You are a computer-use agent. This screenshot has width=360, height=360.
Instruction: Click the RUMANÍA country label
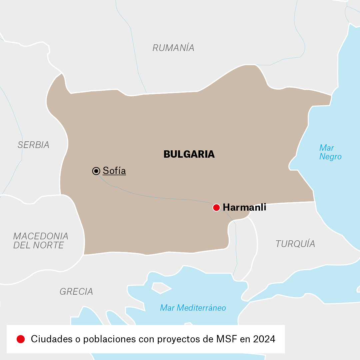click(173, 48)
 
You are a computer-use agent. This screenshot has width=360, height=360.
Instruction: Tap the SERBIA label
click(33, 145)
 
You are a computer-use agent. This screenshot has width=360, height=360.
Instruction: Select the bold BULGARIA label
click(189, 154)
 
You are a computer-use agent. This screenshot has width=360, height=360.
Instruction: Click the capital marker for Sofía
click(96, 171)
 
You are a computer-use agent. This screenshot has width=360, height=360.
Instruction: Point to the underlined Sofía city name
click(114, 171)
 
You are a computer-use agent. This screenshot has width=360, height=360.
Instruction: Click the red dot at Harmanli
click(216, 208)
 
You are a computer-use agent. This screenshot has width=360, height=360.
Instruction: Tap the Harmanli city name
click(244, 207)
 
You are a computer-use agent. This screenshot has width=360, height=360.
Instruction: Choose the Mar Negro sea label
click(330, 152)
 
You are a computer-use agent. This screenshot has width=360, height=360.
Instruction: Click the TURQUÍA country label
click(295, 244)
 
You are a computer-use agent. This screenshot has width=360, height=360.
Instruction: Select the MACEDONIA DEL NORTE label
click(41, 241)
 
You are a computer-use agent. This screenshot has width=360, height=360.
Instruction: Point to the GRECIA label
click(76, 292)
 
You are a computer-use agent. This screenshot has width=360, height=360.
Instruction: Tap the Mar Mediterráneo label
click(193, 308)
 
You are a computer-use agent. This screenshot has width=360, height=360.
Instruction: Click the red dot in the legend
click(21, 339)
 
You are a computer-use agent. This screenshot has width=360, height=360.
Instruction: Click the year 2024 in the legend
click(264, 339)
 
